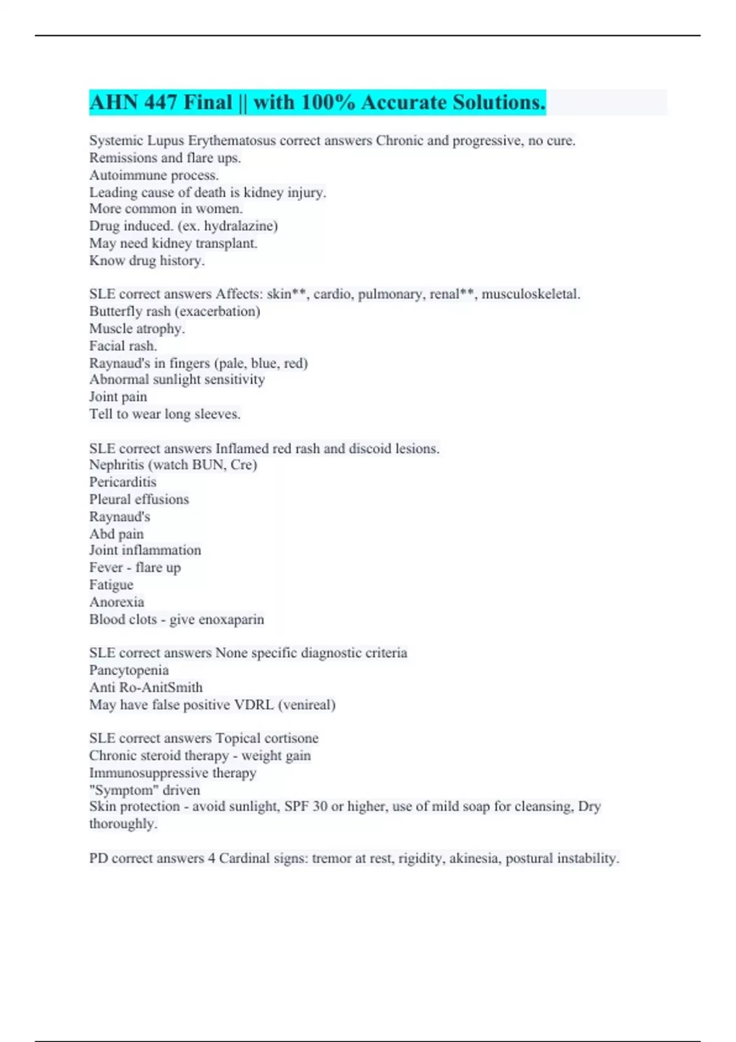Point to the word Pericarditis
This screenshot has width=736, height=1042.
click(123, 482)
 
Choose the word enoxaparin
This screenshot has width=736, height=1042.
click(232, 620)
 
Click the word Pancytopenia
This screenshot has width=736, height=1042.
click(129, 671)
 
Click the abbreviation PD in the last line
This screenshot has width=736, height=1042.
click(98, 858)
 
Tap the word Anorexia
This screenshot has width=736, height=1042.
click(117, 602)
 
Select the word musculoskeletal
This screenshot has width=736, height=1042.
click(530, 294)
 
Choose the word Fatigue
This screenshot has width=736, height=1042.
click(111, 585)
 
